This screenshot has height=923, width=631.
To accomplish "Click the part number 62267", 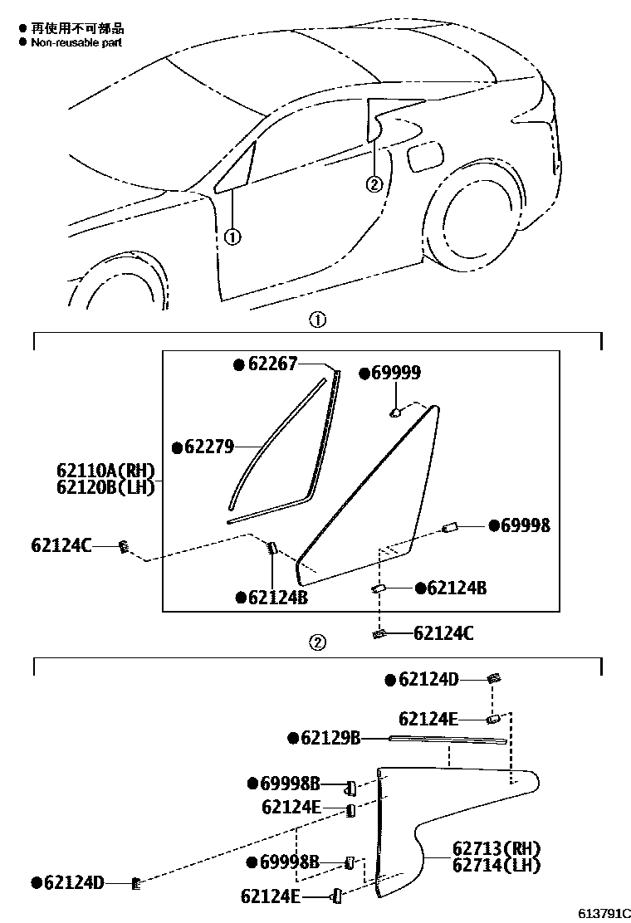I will click(x=272, y=364).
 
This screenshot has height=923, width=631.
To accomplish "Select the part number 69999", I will click(x=395, y=374).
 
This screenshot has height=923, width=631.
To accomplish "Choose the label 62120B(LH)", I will click(x=105, y=487).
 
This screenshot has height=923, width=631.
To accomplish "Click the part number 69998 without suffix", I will click(x=525, y=525).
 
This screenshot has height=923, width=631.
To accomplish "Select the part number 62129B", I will click(x=330, y=738).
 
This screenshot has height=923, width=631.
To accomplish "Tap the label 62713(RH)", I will click(x=496, y=849).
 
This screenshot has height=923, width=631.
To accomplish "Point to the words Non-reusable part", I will click(x=76, y=42).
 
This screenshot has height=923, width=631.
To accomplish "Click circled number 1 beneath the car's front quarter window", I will click(x=232, y=237).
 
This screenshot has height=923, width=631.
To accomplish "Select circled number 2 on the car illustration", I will click(x=374, y=183).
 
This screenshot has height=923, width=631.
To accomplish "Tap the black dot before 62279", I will click(x=177, y=447).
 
